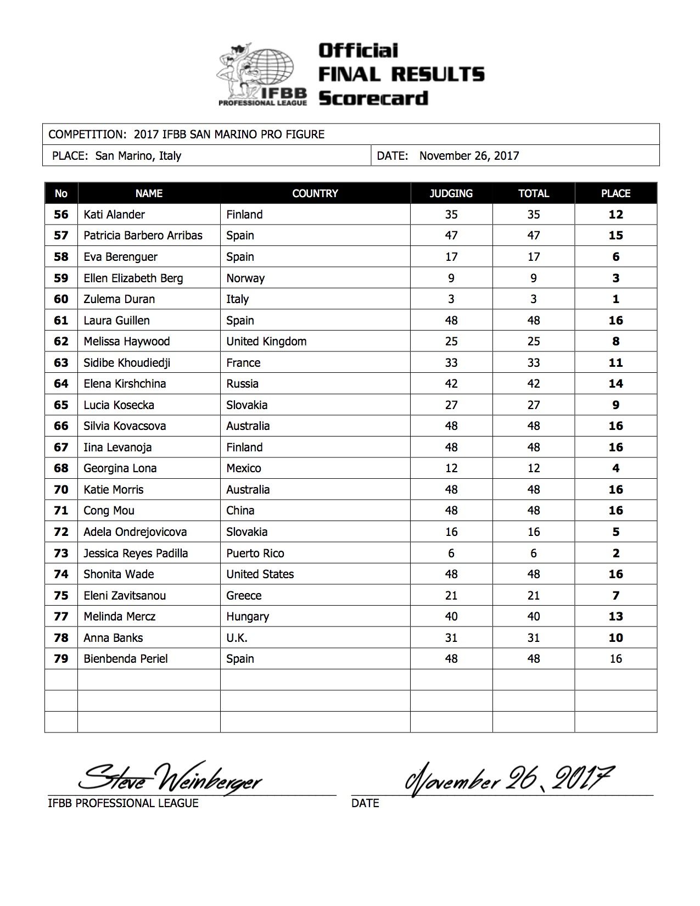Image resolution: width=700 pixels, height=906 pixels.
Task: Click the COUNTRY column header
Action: (315, 193)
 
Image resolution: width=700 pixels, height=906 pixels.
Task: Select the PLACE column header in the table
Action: (615, 193)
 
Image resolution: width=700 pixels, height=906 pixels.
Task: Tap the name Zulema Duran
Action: (119, 299)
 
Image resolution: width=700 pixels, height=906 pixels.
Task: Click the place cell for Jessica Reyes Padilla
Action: (615, 553)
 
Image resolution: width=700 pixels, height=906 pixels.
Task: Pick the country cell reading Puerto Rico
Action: (255, 553)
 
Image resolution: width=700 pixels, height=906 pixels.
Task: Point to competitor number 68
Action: (61, 468)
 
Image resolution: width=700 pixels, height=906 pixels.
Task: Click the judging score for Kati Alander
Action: (451, 215)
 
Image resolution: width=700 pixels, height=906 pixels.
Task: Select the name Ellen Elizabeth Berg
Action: (133, 278)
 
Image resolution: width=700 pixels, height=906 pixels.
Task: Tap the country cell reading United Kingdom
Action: (266, 342)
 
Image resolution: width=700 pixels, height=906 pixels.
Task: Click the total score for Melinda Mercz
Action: (533, 617)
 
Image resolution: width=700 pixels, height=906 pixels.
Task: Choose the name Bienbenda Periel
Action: (126, 659)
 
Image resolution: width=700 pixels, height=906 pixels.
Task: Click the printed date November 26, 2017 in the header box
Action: (469, 155)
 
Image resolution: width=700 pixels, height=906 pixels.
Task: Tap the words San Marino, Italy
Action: (138, 155)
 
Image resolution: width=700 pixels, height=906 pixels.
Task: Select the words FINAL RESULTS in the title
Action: (401, 74)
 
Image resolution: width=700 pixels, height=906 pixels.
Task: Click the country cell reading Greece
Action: (244, 595)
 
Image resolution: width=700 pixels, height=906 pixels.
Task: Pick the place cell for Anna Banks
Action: (615, 637)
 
